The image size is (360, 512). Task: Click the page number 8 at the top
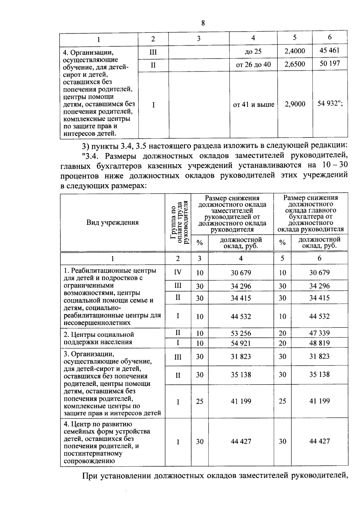point(203,23)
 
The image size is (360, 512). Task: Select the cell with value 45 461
point(329,50)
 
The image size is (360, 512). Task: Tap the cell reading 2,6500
point(295,64)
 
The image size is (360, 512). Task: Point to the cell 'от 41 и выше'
point(253,105)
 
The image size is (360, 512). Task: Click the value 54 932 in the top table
point(328,104)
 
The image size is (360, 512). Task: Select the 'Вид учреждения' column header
point(112,222)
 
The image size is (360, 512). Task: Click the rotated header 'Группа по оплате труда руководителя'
point(178,222)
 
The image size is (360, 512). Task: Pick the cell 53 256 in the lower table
point(241,333)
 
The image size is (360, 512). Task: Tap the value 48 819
point(319,343)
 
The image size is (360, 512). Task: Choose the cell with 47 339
point(319,333)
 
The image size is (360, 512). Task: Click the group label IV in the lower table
point(178,272)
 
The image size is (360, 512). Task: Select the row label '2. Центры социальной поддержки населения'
point(99,338)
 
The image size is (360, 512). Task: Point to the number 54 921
point(241,343)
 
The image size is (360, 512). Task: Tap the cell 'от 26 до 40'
point(253,64)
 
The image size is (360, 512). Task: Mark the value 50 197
point(329,63)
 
